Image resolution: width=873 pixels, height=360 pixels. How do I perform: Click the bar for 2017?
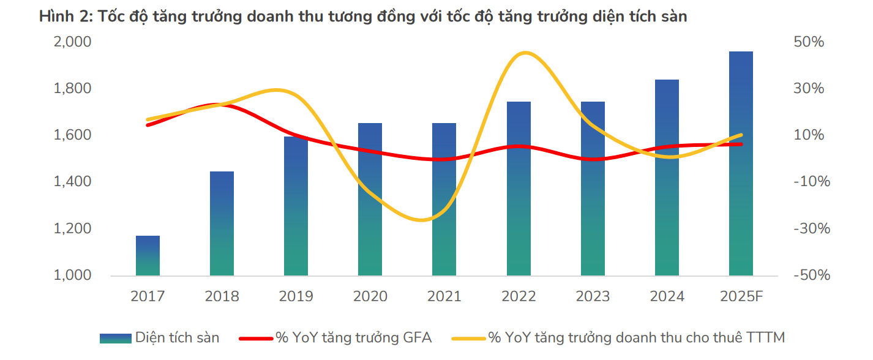click(x=148, y=255)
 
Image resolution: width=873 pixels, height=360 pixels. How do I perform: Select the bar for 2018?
click(x=222, y=223)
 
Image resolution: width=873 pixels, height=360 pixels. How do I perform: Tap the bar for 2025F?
click(x=741, y=163)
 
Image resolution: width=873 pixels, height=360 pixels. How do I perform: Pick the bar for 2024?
click(x=667, y=178)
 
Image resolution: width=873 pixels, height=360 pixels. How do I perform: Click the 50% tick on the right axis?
click(x=809, y=42)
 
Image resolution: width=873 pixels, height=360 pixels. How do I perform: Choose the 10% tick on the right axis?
click(x=809, y=135)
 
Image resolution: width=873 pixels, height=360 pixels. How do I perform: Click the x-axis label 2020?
click(x=370, y=297)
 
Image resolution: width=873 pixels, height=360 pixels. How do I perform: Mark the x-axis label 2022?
click(x=519, y=297)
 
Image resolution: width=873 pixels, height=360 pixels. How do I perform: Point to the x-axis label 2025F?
click(x=741, y=297)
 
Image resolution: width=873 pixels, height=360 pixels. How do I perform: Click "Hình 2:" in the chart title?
click(x=64, y=17)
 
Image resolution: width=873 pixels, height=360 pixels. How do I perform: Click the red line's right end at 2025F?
click(x=741, y=144)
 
